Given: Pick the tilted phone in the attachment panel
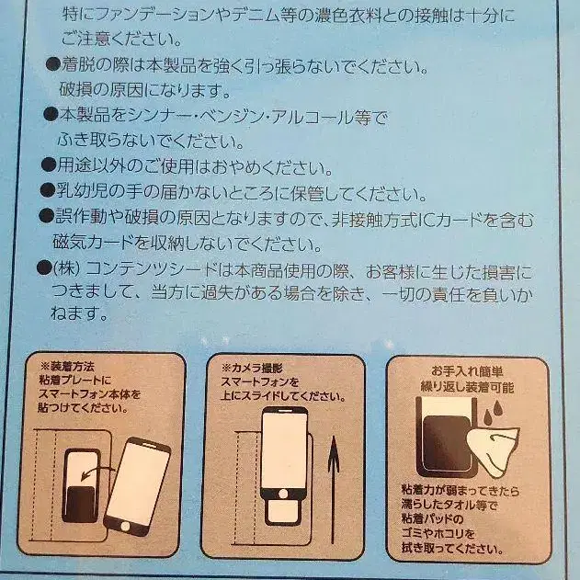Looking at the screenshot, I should (x=136, y=484).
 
